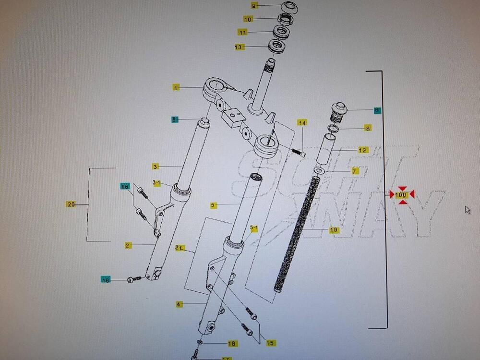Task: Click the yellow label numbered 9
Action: (x=254, y=5)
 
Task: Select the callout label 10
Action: (x=248, y=19)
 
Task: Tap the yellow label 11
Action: (x=243, y=32)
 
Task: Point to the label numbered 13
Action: (x=239, y=47)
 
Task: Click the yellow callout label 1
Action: (x=177, y=87)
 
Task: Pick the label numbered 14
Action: (x=302, y=123)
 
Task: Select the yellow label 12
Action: (x=363, y=150)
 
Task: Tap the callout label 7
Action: (x=355, y=171)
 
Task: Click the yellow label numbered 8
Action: (x=368, y=128)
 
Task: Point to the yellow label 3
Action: (x=156, y=167)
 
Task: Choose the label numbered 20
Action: (x=71, y=204)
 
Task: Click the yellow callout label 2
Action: (x=128, y=245)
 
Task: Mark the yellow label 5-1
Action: (x=254, y=228)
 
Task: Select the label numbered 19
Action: (x=334, y=230)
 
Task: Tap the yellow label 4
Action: (x=179, y=304)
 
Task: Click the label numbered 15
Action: (x=271, y=343)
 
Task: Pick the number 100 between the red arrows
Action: (x=402, y=195)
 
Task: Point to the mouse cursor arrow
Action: (x=468, y=210)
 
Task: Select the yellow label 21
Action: (x=180, y=248)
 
